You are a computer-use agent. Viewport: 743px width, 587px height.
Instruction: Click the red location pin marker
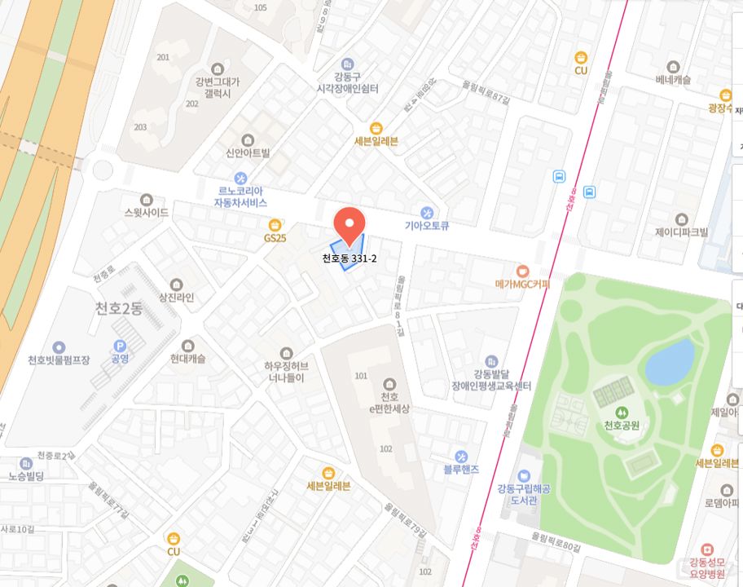click(x=349, y=223)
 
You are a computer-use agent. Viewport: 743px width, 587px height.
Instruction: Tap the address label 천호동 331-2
click(x=349, y=258)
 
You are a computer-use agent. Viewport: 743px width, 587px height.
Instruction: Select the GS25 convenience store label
click(x=275, y=238)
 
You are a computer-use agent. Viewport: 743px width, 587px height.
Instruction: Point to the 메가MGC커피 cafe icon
click(x=522, y=270)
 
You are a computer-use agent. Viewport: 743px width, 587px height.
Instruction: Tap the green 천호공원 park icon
click(x=622, y=413)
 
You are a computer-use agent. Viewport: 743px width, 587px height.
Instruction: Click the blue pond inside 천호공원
click(x=670, y=362)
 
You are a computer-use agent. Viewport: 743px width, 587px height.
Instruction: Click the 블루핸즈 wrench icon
click(x=461, y=455)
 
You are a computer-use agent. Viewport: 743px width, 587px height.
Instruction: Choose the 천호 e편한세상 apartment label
click(x=389, y=402)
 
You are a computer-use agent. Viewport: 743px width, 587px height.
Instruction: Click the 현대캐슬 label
click(x=188, y=359)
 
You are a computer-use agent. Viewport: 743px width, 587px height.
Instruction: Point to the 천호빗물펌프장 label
click(x=59, y=360)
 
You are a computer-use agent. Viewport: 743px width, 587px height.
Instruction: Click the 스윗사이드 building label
click(x=147, y=213)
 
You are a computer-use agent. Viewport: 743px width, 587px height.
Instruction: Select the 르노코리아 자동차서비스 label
click(x=240, y=196)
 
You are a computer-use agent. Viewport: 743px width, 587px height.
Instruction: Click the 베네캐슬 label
click(x=673, y=80)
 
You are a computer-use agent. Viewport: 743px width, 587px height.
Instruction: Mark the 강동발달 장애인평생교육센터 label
click(x=491, y=379)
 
